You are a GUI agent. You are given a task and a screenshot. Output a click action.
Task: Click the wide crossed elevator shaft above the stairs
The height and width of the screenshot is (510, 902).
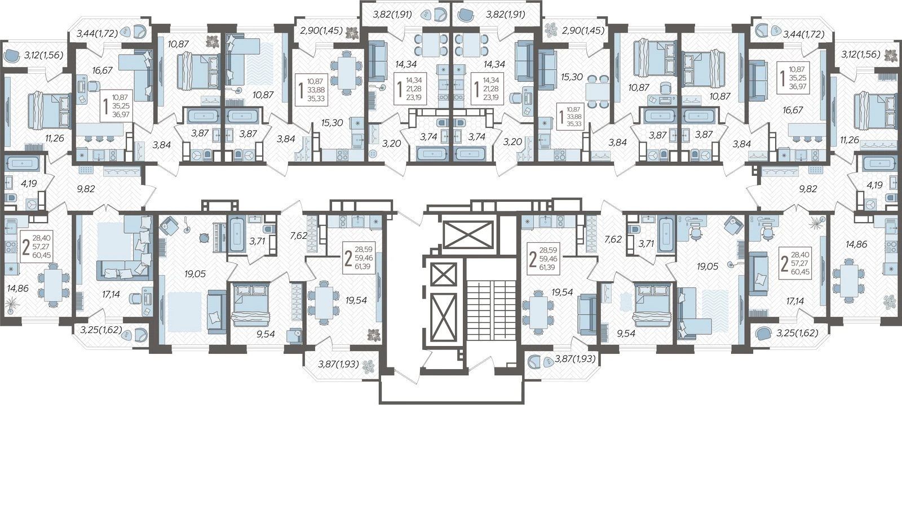pos(467,234)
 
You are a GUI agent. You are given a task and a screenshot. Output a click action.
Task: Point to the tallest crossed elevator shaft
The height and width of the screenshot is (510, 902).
pos(443,317)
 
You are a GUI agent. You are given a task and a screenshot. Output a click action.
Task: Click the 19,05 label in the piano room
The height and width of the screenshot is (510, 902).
pos(195,274)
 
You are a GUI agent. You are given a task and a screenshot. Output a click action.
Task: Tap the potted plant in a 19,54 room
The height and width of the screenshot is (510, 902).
pos(372,334)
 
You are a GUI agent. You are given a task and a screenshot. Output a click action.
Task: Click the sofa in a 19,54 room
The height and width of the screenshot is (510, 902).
pos(586,314)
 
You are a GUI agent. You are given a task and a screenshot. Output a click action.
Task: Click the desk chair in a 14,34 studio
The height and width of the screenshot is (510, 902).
pos(516,98)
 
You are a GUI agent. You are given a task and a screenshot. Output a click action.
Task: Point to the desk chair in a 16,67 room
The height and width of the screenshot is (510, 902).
pos(94,86)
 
